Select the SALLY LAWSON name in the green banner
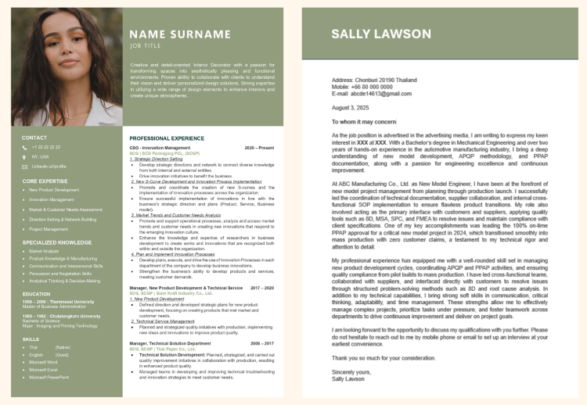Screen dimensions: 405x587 [x=380, y=34]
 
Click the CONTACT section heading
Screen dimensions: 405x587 [x=34, y=138]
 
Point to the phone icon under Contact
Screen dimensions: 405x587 [x=24, y=147]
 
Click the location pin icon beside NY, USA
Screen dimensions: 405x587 [x=24, y=156]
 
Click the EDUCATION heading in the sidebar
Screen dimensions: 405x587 [x=36, y=294]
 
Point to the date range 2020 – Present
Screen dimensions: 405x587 [x=259, y=148]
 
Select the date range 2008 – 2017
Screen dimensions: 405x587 [x=262, y=343]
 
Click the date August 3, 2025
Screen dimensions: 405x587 [x=349, y=107]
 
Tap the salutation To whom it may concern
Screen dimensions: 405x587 [x=365, y=121]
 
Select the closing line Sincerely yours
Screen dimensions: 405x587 [x=351, y=371]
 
